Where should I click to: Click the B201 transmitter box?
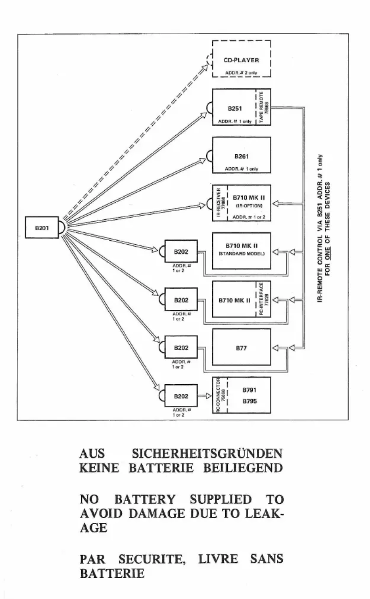click(x=42, y=228)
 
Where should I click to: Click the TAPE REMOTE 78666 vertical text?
click(x=263, y=107)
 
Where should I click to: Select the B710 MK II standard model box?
click(x=241, y=251)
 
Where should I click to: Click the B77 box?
click(x=241, y=348)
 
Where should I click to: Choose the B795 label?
click(x=247, y=401)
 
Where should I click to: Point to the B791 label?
click(x=247, y=391)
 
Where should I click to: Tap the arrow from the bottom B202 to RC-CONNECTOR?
click(x=205, y=396)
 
